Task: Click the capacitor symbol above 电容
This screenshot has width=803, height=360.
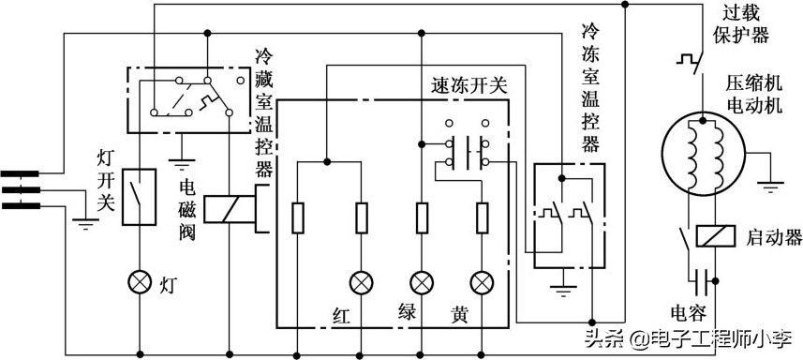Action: click(700, 278)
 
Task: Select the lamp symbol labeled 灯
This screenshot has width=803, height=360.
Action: click(140, 281)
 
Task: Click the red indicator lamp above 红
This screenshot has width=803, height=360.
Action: click(361, 281)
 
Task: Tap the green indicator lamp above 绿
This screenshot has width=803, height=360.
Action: click(422, 281)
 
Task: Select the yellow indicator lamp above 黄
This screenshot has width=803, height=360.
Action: click(483, 281)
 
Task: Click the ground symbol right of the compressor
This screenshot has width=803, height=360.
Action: click(769, 184)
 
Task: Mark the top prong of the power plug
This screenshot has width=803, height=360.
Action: click(21, 173)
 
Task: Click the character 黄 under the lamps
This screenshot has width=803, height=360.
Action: click(462, 312)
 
